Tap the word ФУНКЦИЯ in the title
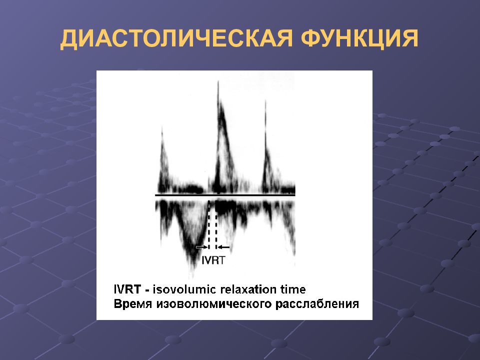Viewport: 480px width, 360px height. point(359,39)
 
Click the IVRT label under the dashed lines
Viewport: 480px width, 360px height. point(213,260)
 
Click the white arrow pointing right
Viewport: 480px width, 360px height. point(201,246)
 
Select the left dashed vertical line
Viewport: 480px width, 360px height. point(209,225)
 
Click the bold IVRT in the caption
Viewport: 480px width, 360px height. point(127,289)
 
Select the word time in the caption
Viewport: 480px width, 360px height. point(293,289)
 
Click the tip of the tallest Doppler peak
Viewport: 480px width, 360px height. point(218,81)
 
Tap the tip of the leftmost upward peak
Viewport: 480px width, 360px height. point(162,126)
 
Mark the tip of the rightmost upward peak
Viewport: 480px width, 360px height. point(265,100)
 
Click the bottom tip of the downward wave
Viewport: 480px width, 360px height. point(192,277)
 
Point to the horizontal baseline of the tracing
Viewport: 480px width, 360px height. point(225,195)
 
